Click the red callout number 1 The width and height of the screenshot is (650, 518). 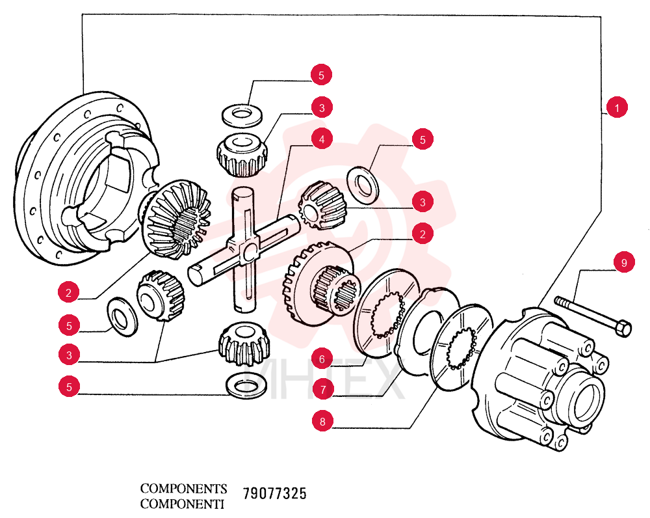point(616,107)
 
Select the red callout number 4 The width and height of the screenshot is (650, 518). point(322,139)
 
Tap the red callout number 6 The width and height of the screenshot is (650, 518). point(322,358)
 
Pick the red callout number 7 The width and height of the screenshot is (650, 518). point(323,390)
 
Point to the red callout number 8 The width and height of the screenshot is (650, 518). point(322,421)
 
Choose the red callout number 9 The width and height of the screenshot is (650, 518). point(624,262)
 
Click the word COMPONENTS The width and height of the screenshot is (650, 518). point(184,488)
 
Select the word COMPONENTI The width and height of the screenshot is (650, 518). point(182,504)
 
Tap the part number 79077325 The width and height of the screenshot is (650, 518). point(274,493)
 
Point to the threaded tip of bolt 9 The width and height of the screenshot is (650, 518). point(558,300)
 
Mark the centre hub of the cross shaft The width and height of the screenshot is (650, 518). point(248,251)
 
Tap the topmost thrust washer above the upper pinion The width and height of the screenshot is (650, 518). point(242,115)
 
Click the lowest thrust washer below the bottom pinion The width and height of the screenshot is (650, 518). point(246,386)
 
